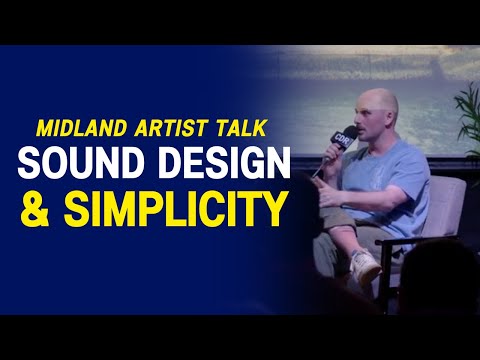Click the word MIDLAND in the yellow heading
coord(78,129)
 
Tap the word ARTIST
coord(156,129)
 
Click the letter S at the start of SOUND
coord(30,162)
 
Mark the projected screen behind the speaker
coord(330,80)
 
